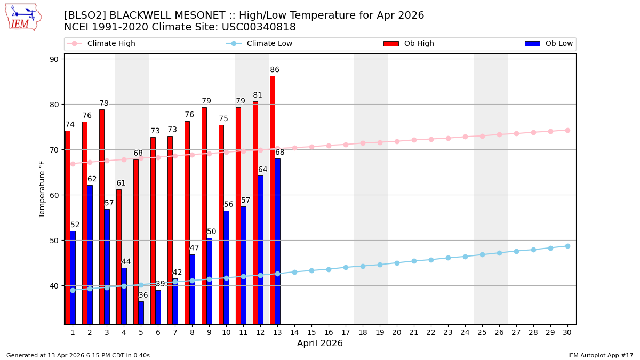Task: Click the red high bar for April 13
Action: point(273,199)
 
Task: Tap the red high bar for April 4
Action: point(119,256)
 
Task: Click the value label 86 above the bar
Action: point(275,70)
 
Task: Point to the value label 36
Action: point(143,295)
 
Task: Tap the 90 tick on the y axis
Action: point(54,59)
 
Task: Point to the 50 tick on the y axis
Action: point(54,241)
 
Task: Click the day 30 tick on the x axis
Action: point(567,332)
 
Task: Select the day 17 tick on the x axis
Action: point(346,332)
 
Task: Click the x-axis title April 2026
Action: point(320,343)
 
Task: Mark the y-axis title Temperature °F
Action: point(43,189)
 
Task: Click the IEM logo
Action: point(23,17)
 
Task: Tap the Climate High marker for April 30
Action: point(567,130)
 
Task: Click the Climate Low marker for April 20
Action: point(397,263)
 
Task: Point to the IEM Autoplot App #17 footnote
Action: point(601,355)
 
